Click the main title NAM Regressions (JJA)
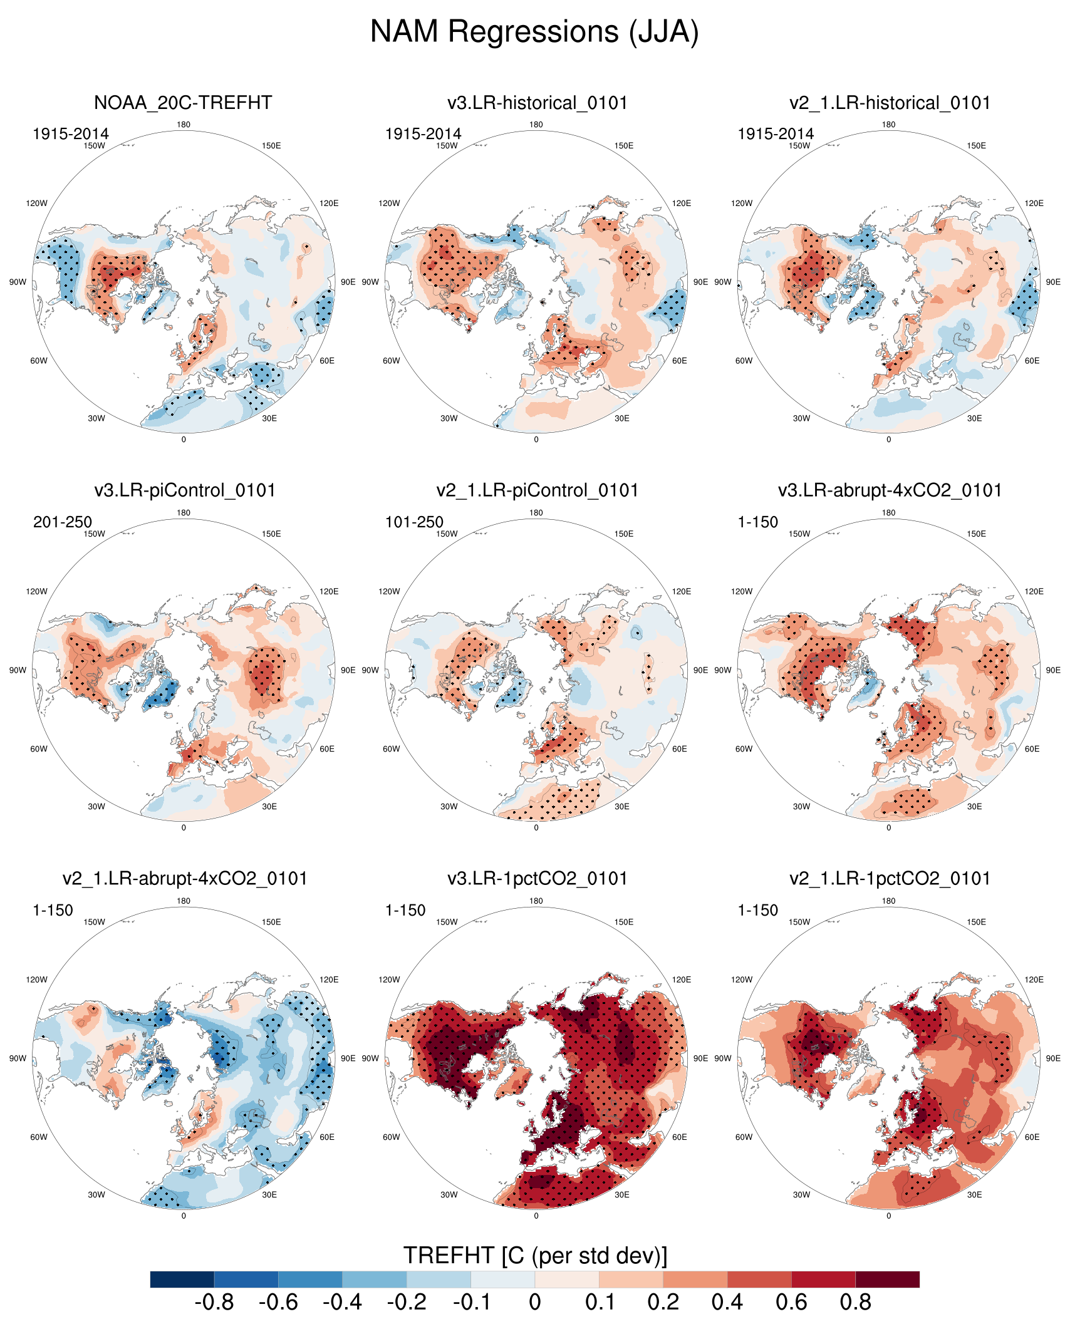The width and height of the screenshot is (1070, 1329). (x=534, y=31)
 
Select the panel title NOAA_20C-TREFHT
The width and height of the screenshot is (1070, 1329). (x=183, y=103)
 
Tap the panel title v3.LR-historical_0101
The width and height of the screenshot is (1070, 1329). (x=538, y=103)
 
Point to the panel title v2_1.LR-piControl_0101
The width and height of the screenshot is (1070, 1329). (x=538, y=490)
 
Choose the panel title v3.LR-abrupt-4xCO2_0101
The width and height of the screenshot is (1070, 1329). (x=890, y=490)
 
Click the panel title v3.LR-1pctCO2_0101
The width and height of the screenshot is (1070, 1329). (x=538, y=879)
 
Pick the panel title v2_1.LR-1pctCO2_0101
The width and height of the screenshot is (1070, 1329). (x=890, y=879)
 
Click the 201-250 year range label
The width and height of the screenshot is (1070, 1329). (x=62, y=522)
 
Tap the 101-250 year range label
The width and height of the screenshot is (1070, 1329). (x=414, y=522)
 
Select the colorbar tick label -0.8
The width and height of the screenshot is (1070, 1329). (x=214, y=1303)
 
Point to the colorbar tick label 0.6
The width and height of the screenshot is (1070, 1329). (x=791, y=1303)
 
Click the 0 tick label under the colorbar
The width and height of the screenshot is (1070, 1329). (x=535, y=1303)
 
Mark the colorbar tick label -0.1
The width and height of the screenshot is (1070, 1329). (x=470, y=1303)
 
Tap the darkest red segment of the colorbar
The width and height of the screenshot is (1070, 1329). (x=887, y=1279)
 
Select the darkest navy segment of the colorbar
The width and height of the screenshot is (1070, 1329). (x=182, y=1279)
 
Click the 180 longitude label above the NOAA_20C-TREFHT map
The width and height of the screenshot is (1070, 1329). (x=184, y=125)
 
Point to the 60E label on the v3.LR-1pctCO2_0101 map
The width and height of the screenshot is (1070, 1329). (x=679, y=1137)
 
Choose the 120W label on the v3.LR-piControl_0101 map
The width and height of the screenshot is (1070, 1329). (x=36, y=591)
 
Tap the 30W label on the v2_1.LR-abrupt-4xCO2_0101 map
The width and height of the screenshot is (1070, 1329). (x=96, y=1194)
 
